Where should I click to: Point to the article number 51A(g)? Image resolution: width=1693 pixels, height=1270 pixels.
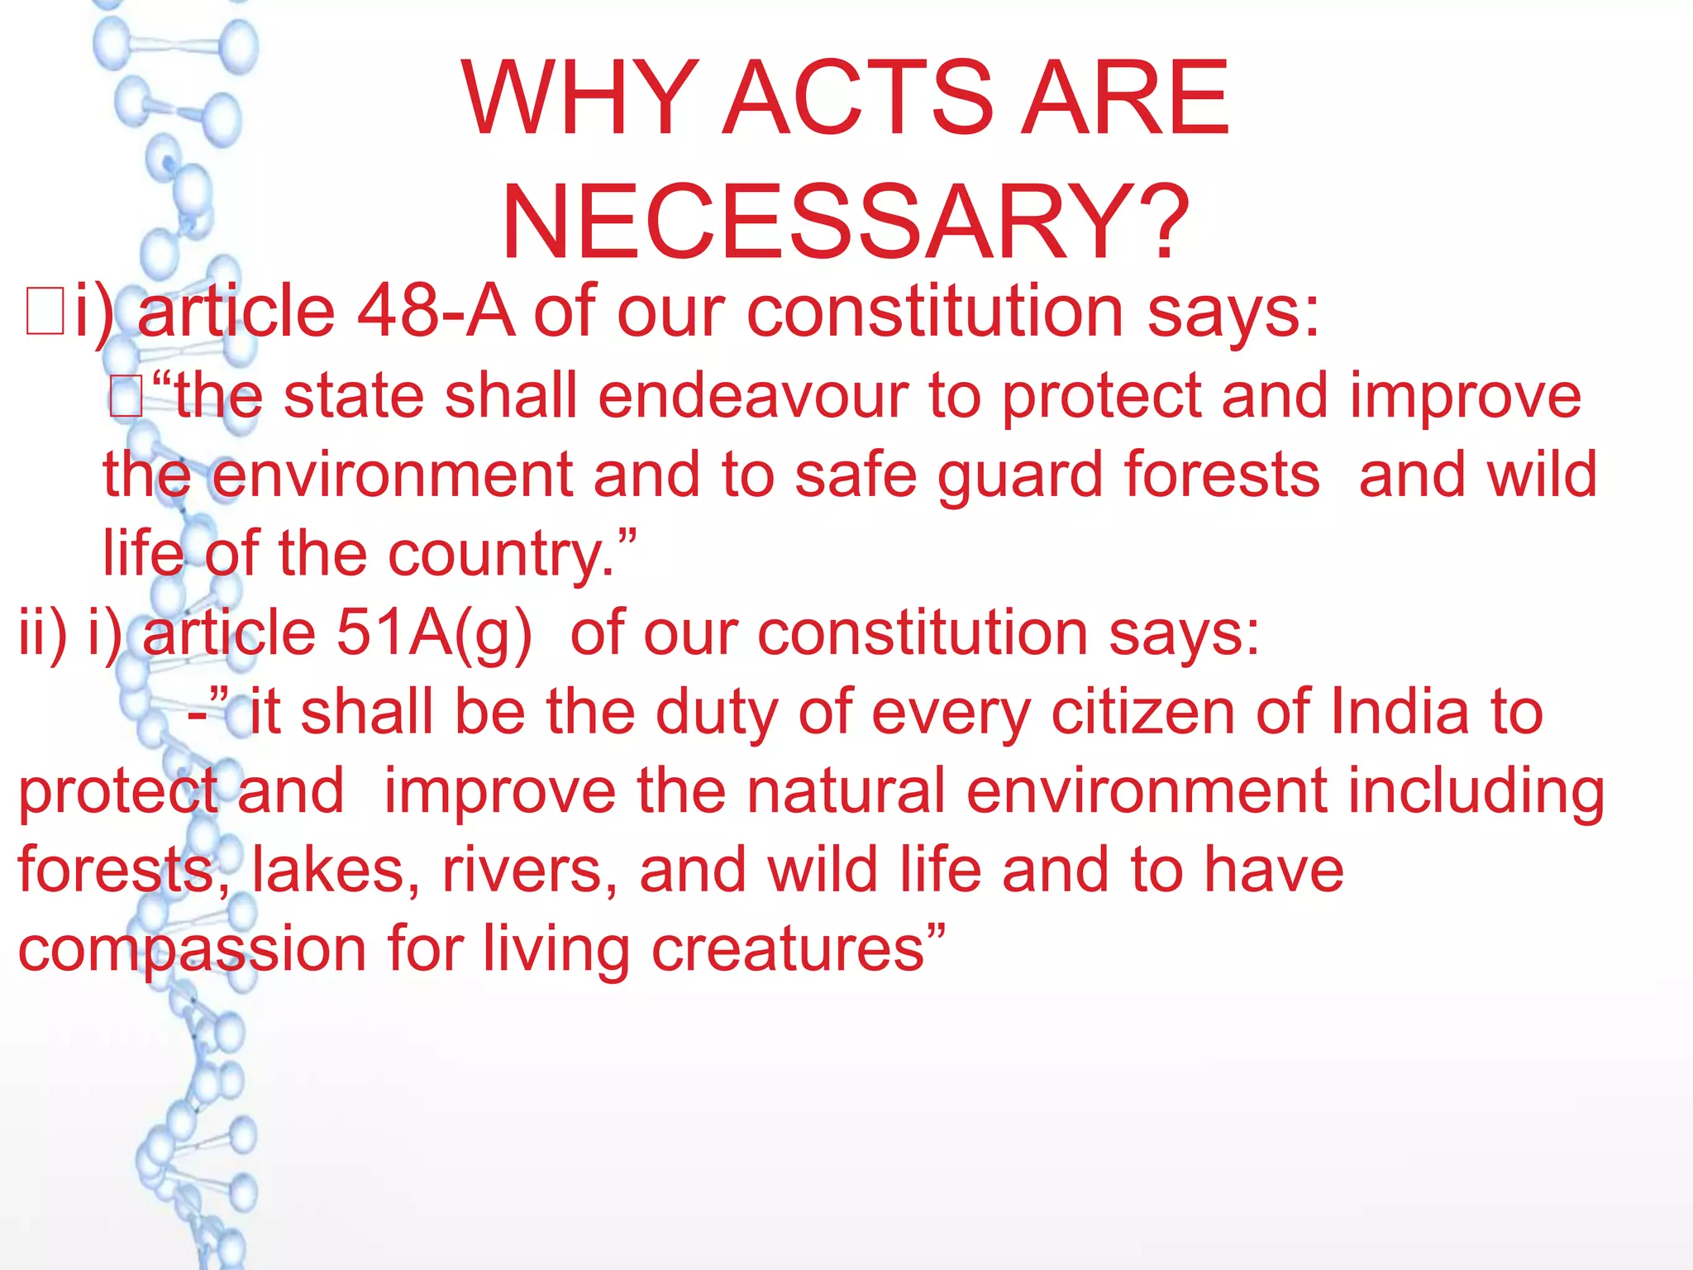(x=434, y=633)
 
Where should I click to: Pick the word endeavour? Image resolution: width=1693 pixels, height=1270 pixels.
(x=753, y=396)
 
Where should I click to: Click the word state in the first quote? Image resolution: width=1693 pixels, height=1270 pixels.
(x=355, y=396)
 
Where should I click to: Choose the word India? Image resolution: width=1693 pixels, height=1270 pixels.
(x=1401, y=712)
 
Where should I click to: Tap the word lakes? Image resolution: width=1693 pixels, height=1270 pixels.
(x=336, y=870)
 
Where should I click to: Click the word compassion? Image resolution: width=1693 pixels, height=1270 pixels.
(x=192, y=950)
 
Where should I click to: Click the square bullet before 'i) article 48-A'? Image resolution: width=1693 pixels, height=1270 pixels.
(x=45, y=312)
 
